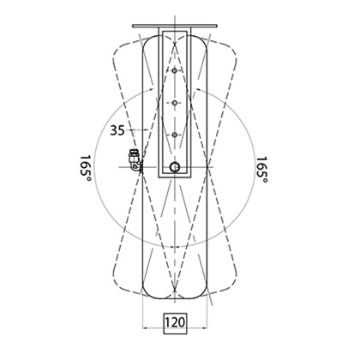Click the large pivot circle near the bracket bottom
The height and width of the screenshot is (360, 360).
(175, 167)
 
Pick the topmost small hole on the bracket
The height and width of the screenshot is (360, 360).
(175, 71)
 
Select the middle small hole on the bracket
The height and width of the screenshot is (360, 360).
(175, 103)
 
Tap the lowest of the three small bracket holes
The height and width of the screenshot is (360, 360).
(175, 135)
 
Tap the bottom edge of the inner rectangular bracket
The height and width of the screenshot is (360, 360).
(176, 178)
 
